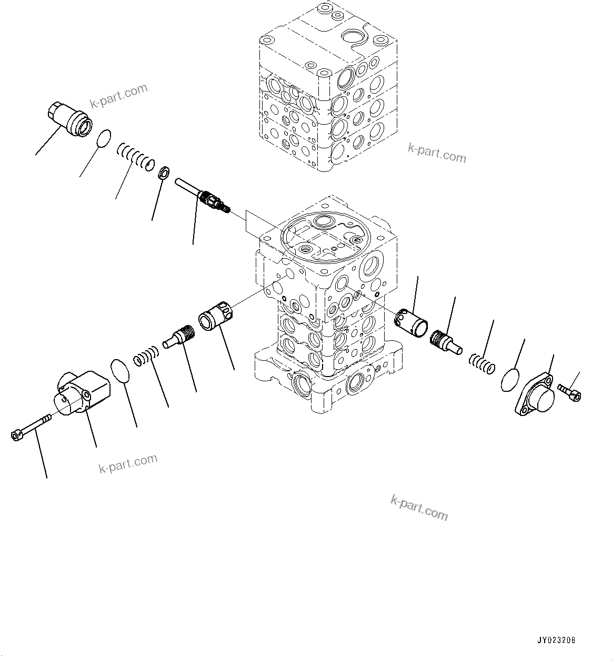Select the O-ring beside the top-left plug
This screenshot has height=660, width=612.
pyautogui.click(x=105, y=138)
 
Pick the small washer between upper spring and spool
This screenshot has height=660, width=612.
pyautogui.click(x=164, y=172)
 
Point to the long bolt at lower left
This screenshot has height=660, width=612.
pyautogui.click(x=32, y=426)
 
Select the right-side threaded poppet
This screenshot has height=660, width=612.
pyautogui.click(x=445, y=341)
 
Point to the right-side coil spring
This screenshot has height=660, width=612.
pyautogui.click(x=481, y=363)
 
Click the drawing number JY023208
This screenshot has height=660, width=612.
pyautogui.click(x=556, y=641)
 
